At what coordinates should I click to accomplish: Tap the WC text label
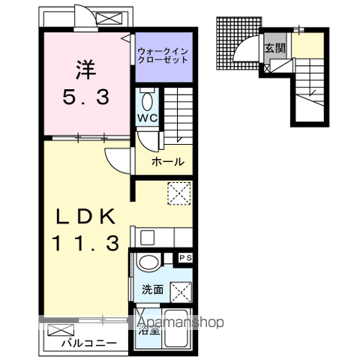point(145,119)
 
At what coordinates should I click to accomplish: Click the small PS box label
point(184,258)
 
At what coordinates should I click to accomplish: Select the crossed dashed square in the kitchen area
point(179,194)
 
